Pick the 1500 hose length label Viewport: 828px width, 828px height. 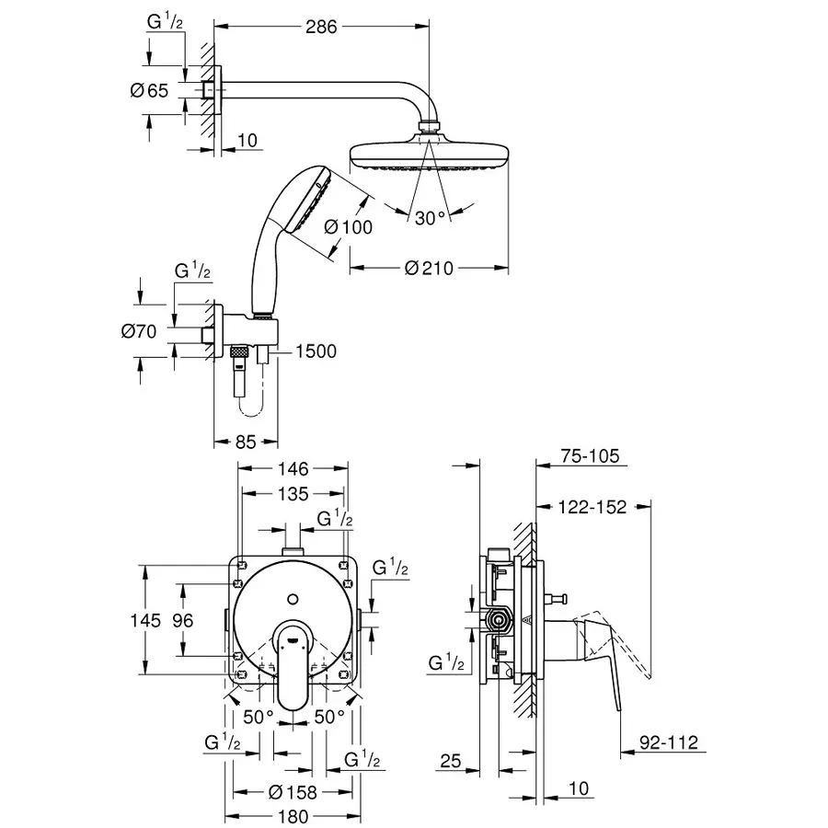coord(316,351)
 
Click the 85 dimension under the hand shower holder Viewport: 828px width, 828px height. coord(244,442)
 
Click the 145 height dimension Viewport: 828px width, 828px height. coord(148,621)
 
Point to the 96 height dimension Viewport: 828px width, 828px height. coord(183,621)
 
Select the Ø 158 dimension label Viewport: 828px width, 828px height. coord(293,792)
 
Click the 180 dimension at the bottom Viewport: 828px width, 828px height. coord(293,816)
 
